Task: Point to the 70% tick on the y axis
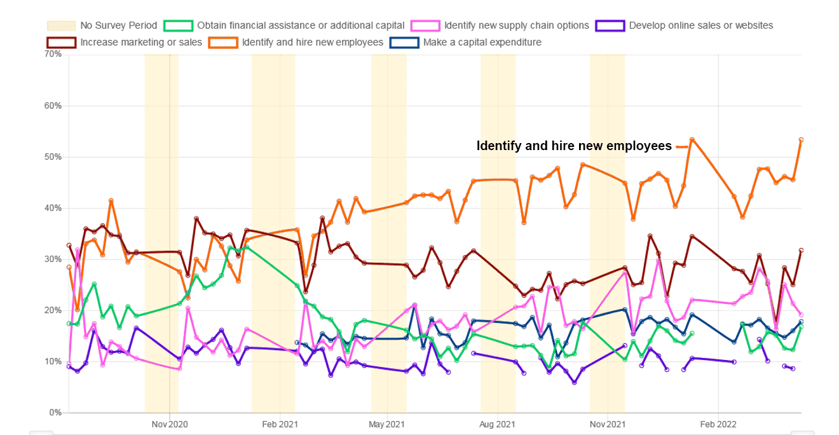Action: coord(53,55)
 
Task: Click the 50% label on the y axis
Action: coord(53,157)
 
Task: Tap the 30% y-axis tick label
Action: coord(53,259)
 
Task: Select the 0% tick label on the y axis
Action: coord(55,413)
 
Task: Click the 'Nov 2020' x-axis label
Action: coord(170,424)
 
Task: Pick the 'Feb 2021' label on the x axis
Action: coord(280,424)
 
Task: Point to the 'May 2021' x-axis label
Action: coord(387,424)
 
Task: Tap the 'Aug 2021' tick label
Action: coord(497,424)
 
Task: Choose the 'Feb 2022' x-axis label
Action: coord(718,424)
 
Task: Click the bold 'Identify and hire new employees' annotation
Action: coord(574,146)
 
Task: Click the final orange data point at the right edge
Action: coord(801,140)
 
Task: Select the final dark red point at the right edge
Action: coord(801,251)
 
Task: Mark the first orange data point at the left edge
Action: coord(69,267)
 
